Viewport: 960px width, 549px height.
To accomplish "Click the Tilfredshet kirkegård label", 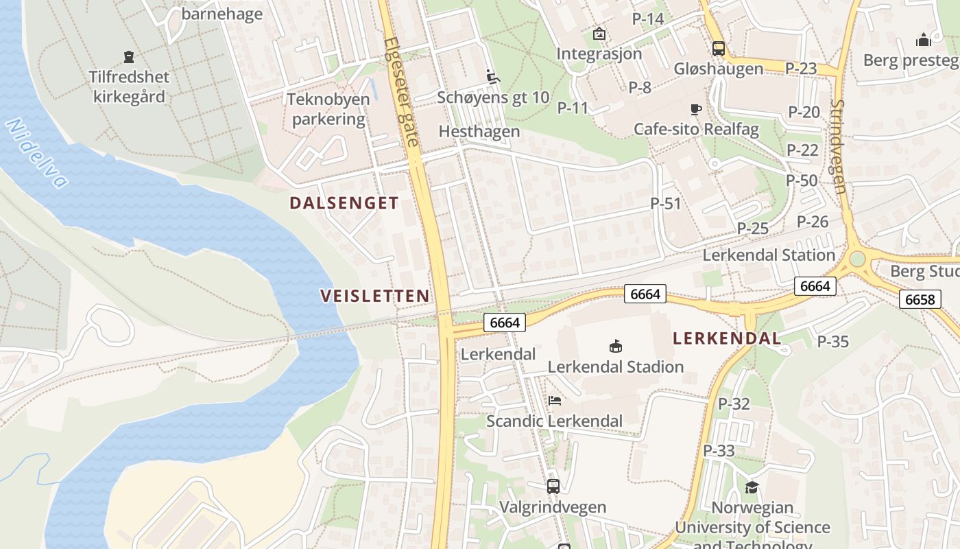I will click(129, 86).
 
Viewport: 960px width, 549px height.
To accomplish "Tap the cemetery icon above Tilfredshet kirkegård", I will click(128, 56).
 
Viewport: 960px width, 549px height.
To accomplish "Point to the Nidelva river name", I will click(37, 153).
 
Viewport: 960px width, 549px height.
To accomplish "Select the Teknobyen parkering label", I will click(328, 109).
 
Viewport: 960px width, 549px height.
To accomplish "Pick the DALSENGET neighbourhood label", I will click(344, 203).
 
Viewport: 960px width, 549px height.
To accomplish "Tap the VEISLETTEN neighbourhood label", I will click(375, 296).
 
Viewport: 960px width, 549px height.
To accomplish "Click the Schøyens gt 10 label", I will click(493, 97).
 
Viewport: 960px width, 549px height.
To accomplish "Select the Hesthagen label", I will click(479, 131).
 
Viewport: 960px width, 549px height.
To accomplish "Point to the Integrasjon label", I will click(599, 54).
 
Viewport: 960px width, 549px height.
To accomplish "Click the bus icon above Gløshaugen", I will click(718, 49).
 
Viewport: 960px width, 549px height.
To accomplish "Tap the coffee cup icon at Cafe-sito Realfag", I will click(696, 109).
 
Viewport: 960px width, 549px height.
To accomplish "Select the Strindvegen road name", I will click(839, 146).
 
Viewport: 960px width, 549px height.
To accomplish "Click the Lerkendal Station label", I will click(769, 255).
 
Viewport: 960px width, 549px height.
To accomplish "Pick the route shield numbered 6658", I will click(920, 299).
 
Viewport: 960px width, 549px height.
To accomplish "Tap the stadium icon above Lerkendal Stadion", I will click(615, 347).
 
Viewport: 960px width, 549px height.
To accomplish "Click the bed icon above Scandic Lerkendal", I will click(554, 401).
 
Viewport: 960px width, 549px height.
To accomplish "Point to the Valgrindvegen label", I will click(553, 507).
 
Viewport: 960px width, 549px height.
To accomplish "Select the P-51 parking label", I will click(666, 204).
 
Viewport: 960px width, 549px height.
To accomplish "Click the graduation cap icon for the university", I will click(752, 487).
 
